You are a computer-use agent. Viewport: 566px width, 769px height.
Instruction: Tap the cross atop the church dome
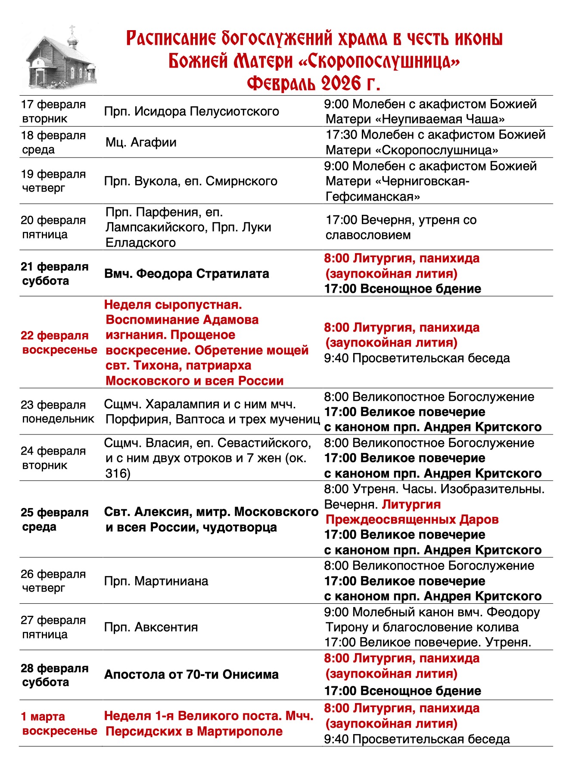pos(72,29)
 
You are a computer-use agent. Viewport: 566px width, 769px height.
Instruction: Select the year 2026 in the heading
pos(340,83)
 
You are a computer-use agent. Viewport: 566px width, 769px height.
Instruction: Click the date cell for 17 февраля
pos(53,111)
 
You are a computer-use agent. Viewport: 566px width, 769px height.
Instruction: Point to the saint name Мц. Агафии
pos(141,143)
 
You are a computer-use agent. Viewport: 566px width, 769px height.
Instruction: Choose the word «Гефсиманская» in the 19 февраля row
pos(373,197)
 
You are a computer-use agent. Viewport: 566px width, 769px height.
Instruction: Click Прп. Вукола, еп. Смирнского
pos(191,181)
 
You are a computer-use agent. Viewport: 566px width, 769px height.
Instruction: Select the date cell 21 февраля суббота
pos(54,273)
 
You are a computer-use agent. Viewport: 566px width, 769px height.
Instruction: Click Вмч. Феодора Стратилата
pos(187,274)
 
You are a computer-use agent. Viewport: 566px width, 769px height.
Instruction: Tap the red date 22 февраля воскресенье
pos(59,342)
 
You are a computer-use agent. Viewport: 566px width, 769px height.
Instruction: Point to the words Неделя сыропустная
pos(173,305)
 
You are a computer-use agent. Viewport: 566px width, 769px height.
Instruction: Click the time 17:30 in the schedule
pos(341,135)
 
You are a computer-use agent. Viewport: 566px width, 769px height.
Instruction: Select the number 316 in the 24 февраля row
pos(118,474)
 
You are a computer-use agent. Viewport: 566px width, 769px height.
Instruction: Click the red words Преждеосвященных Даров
pos(412,520)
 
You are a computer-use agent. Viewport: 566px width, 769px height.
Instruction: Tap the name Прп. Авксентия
pos(151,627)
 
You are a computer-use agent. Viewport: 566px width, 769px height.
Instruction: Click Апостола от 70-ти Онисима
pos(191,675)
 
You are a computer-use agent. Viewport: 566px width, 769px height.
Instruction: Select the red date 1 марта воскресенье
pos(59,724)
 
